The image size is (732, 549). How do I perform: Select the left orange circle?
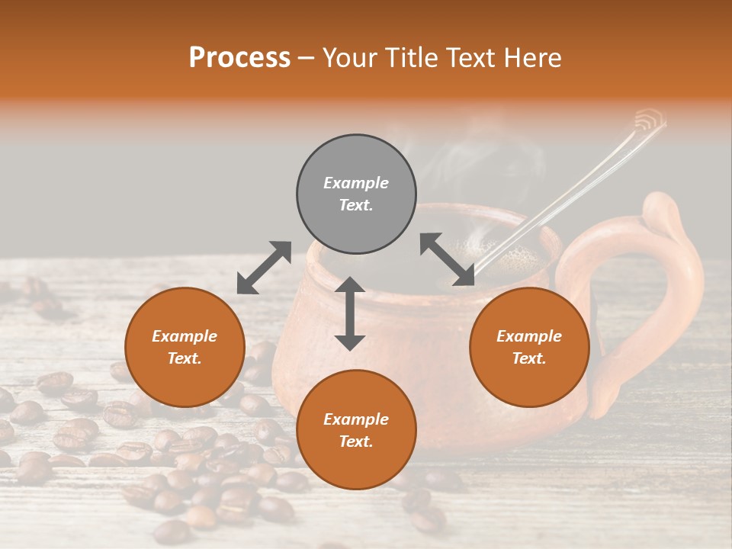coord(185,347)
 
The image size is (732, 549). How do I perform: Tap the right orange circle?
coord(529,347)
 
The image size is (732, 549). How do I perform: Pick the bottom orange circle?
coord(356,430)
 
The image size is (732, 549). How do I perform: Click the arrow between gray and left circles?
coord(264,268)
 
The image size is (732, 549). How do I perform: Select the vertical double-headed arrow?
coord(350,313)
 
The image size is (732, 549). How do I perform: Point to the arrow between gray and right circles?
coord(447,259)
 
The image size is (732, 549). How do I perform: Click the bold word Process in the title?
coord(239,57)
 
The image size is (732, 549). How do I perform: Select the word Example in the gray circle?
coord(356,183)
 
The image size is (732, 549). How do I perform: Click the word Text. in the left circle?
coord(185,358)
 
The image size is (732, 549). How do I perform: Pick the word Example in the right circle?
coord(529,336)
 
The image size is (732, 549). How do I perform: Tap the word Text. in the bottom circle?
coord(356,441)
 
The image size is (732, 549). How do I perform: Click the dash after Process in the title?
coord(306,58)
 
